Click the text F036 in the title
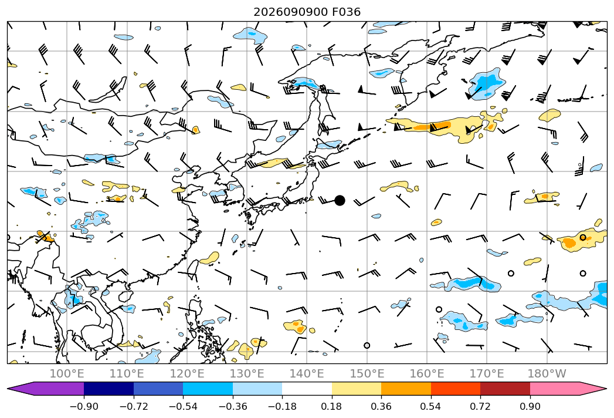click(346, 12)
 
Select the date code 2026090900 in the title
click(290, 12)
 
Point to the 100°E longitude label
click(67, 373)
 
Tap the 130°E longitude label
click(247, 373)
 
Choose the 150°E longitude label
click(367, 373)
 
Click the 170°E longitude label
click(487, 373)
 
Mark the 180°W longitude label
click(547, 373)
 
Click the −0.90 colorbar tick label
click(84, 406)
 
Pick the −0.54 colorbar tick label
click(183, 406)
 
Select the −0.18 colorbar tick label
click(282, 406)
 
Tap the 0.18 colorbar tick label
click(332, 406)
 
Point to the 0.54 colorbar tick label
click(431, 406)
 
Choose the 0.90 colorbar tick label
click(530, 406)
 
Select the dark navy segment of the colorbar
click(108, 389)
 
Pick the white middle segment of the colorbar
click(307, 389)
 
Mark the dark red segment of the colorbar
click(505, 389)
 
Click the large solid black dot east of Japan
click(340, 200)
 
